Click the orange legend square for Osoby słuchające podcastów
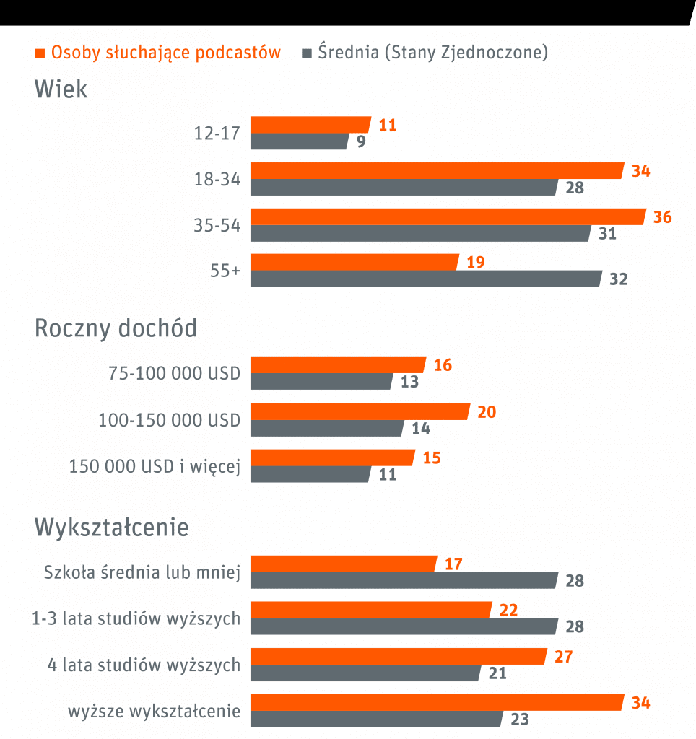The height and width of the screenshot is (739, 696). pyautogui.click(x=40, y=53)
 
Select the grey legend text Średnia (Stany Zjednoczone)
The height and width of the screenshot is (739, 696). pyautogui.click(x=432, y=53)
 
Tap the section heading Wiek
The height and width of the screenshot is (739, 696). pyautogui.click(x=61, y=89)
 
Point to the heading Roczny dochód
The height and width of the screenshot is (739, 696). pyautogui.click(x=116, y=328)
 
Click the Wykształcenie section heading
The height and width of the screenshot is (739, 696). pyautogui.click(x=112, y=528)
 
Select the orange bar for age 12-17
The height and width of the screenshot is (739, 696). pyautogui.click(x=310, y=125)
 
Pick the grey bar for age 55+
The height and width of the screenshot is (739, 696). pyautogui.click(x=425, y=279)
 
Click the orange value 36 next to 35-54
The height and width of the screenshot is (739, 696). pyautogui.click(x=662, y=217)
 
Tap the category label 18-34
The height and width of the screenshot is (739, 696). pyautogui.click(x=217, y=180)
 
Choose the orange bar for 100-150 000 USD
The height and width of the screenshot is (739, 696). pyautogui.click(x=360, y=411)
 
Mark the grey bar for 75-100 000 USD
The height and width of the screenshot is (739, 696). pyautogui.click(x=321, y=382)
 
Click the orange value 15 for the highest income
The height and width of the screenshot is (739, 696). pyautogui.click(x=431, y=458)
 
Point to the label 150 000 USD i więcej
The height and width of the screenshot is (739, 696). pyautogui.click(x=155, y=466)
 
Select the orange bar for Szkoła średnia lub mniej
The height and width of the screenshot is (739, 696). pyautogui.click(x=344, y=564)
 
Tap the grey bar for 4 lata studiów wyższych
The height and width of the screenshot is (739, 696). pyautogui.click(x=365, y=673)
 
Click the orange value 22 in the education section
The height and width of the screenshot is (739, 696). pyautogui.click(x=508, y=611)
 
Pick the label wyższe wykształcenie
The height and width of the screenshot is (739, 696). pyautogui.click(x=155, y=711)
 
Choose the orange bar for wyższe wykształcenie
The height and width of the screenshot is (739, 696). pyautogui.click(x=437, y=702)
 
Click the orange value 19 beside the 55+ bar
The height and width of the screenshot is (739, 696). pyautogui.click(x=476, y=263)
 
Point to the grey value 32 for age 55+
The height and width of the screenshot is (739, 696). pyautogui.click(x=619, y=279)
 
